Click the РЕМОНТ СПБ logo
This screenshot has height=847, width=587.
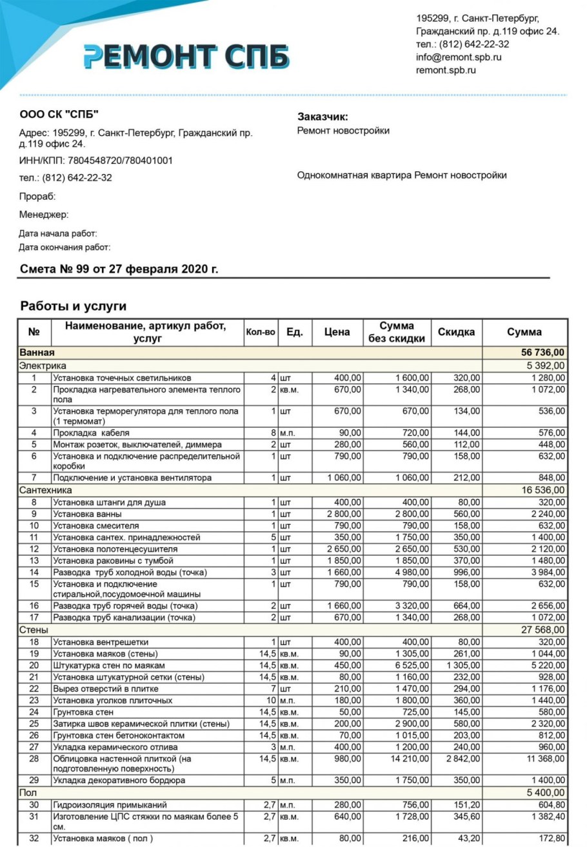click(x=186, y=57)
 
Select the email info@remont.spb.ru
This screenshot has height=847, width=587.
click(x=459, y=57)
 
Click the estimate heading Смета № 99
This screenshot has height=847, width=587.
click(x=119, y=269)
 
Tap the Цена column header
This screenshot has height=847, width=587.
click(x=337, y=332)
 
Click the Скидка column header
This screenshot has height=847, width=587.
click(x=456, y=332)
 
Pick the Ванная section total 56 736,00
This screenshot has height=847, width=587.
click(x=542, y=353)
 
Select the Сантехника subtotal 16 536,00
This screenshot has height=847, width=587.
click(x=542, y=490)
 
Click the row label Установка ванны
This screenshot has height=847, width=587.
click(x=87, y=514)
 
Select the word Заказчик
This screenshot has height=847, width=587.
click(x=323, y=117)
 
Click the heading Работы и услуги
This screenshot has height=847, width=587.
click(x=74, y=306)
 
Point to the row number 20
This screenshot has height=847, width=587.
click(x=34, y=665)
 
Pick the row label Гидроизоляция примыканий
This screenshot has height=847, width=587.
click(x=110, y=804)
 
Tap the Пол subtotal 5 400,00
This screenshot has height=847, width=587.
click(x=546, y=792)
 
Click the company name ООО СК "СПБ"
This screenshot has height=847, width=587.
click(x=59, y=115)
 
